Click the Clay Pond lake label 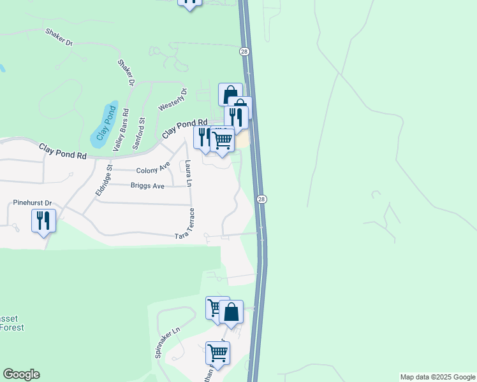(103, 123)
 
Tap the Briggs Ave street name (147, 186)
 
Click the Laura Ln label (188, 174)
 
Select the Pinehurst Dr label (32, 203)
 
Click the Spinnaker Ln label (168, 343)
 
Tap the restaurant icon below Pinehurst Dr (43, 220)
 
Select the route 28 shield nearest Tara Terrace (261, 199)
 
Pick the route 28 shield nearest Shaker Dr (244, 51)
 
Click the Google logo (21, 374)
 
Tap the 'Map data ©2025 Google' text (437, 377)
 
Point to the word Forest (12, 327)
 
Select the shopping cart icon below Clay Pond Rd (222, 139)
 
